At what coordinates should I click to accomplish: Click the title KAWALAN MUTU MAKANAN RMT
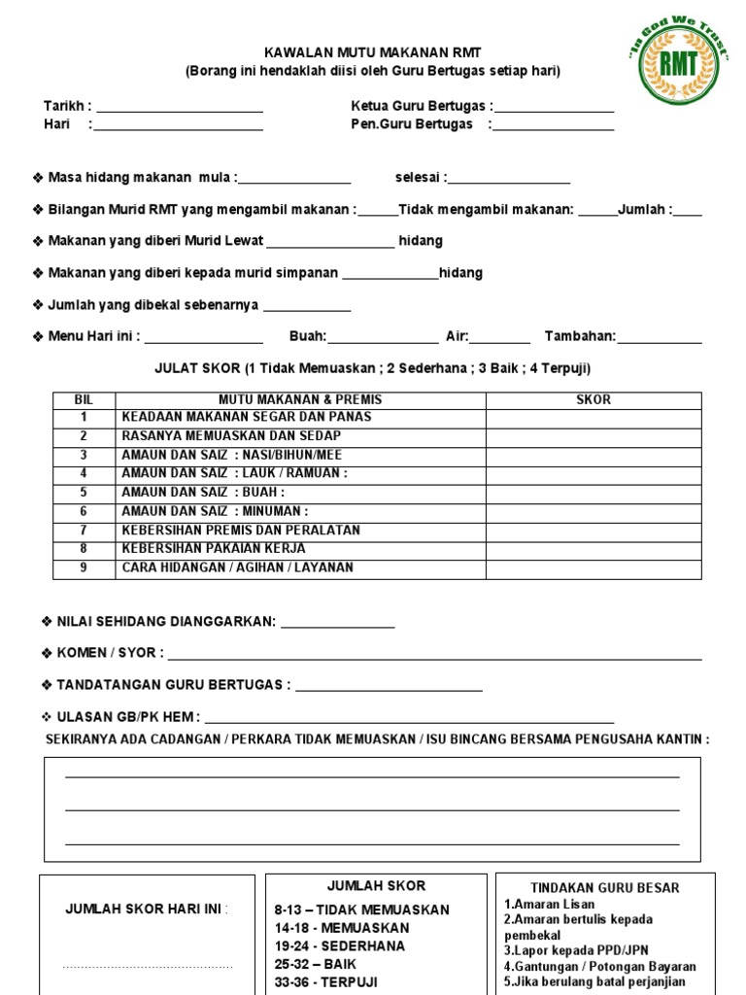(373, 52)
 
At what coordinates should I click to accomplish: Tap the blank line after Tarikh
(179, 108)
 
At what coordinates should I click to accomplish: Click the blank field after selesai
(509, 180)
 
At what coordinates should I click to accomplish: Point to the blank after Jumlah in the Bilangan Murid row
(688, 212)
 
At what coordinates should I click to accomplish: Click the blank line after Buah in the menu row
(383, 339)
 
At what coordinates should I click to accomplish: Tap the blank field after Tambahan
(660, 339)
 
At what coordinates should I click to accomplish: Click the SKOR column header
(593, 399)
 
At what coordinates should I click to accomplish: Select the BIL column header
(83, 399)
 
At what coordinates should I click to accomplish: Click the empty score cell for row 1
(593, 417)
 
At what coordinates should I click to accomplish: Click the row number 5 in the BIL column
(84, 493)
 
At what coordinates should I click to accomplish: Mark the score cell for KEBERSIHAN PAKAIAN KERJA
(593, 549)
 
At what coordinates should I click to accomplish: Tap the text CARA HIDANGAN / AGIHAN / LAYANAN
(237, 567)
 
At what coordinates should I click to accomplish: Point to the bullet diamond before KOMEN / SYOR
(48, 653)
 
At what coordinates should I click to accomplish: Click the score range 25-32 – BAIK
(316, 964)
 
